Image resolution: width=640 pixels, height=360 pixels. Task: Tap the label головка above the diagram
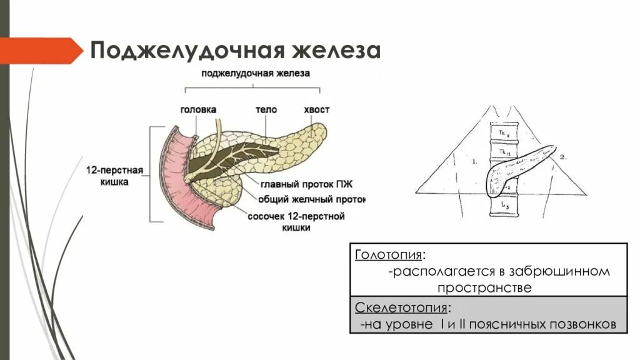(x=198, y=109)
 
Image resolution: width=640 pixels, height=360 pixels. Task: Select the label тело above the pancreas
(x=266, y=109)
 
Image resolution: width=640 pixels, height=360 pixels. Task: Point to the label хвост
(x=316, y=109)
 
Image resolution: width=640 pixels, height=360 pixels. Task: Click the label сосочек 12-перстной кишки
(x=296, y=217)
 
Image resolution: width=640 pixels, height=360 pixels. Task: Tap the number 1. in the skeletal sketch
(x=474, y=161)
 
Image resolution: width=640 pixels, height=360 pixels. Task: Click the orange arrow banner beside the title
(x=41, y=51)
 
